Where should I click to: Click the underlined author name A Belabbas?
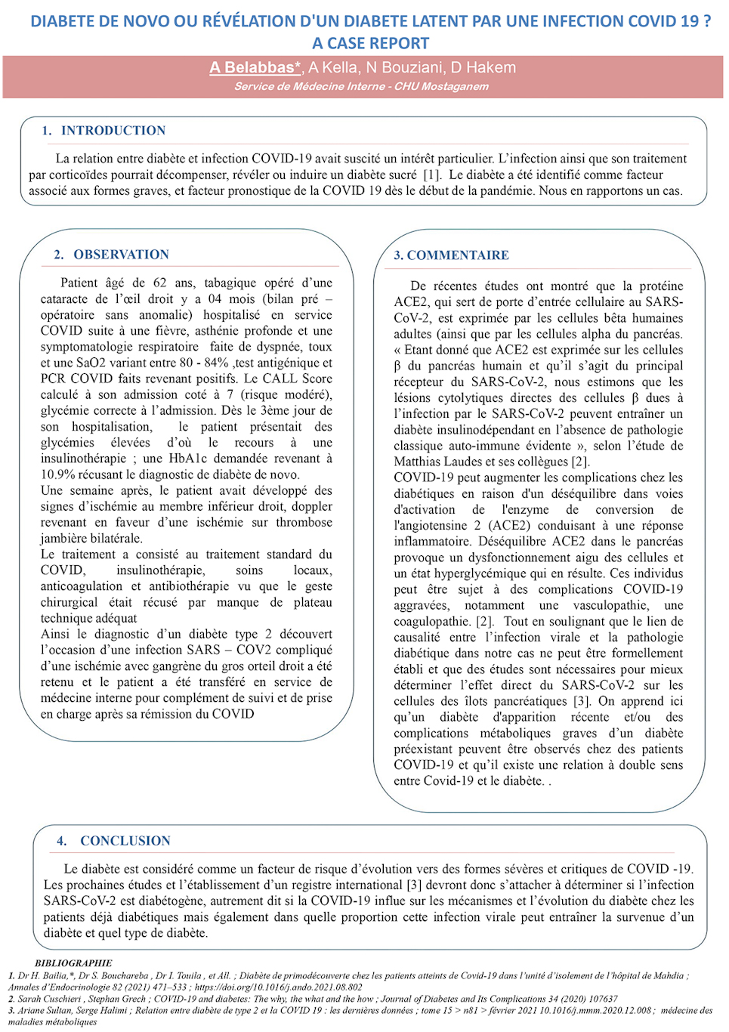tap(255, 68)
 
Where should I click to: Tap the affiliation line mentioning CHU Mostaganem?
tap(361, 86)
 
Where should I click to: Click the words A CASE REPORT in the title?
tap(370, 44)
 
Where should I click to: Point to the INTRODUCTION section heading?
tap(113, 131)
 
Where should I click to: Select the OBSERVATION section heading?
tap(121, 255)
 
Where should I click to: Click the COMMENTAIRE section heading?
tap(457, 255)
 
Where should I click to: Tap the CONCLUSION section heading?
tap(125, 841)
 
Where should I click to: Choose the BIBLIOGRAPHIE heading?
tap(73, 963)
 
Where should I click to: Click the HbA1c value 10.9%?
tap(57, 474)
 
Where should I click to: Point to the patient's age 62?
tap(159, 283)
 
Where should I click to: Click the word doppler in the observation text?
tap(312, 506)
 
